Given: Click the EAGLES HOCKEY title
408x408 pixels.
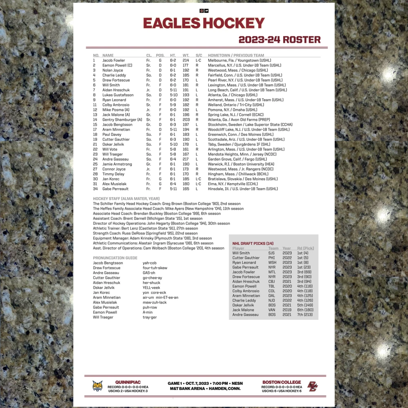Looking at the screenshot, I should click(204, 23).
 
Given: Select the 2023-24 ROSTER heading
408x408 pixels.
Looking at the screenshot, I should click(279, 40).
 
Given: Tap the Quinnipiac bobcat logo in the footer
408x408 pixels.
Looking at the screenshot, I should click(98, 386).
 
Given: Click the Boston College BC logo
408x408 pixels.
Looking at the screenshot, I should click(312, 386).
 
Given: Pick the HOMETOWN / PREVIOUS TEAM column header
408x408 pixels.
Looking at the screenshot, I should click(236, 55).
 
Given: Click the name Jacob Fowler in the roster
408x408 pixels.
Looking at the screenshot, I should click(114, 60).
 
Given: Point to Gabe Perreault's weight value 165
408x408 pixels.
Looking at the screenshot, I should click(186, 189).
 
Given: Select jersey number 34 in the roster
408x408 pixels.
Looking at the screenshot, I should click(95, 189).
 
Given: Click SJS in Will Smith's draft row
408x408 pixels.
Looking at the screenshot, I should click(272, 253).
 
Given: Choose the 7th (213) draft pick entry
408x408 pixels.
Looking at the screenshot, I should click(305, 315).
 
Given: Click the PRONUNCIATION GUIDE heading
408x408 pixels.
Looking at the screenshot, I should click(115, 258).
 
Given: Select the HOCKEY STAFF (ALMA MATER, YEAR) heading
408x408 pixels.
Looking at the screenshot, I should click(126, 199).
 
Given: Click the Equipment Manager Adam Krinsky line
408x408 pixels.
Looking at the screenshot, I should click(152, 238).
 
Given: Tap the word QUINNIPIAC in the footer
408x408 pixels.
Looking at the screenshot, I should click(128, 382).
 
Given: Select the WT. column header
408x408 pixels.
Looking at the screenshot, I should click(186, 55).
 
